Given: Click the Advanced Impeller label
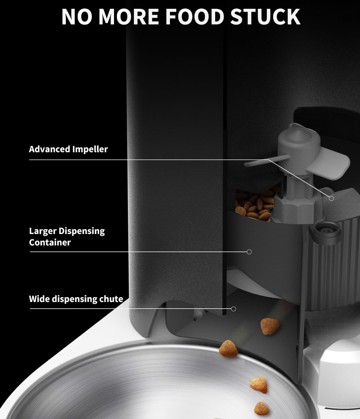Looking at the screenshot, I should pos(68,149).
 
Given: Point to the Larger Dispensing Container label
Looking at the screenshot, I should pos(67,236).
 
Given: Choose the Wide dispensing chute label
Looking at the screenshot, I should pos(76,299).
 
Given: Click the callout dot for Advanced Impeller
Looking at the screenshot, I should pos(331,198).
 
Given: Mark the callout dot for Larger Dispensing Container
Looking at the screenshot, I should pos(249,252).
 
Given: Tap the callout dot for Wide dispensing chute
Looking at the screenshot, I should pos(233,309).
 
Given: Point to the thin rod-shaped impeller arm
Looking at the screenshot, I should pos(267,161).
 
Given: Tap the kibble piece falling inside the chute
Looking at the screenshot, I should pos(270,326).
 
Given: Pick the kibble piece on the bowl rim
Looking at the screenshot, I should pos(228,348).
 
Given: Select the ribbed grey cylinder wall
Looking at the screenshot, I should pos(331,272).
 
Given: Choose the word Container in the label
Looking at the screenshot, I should pos(50,242).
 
